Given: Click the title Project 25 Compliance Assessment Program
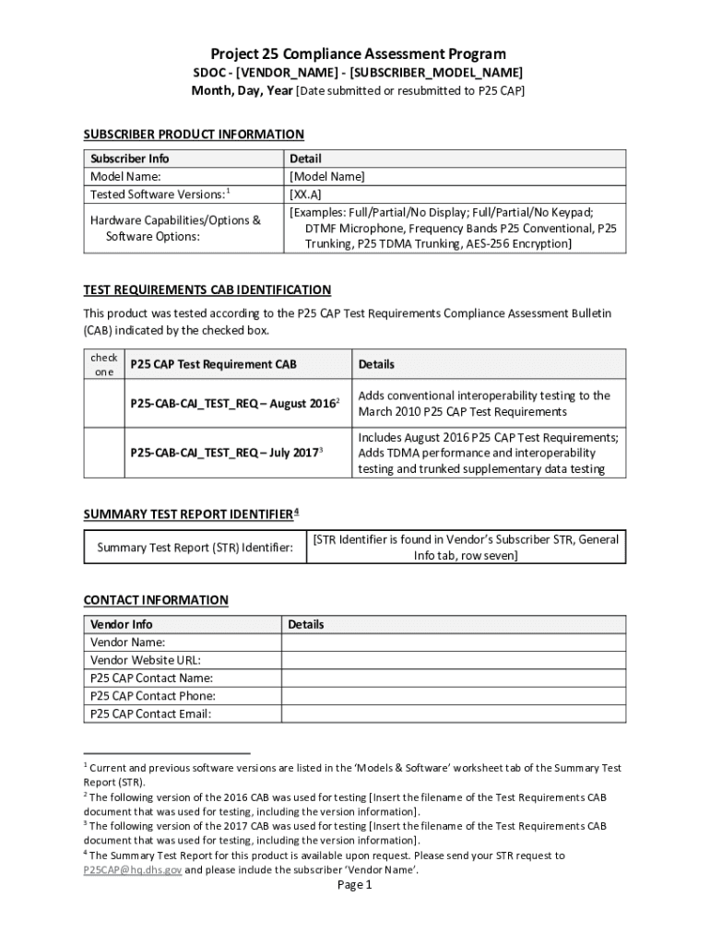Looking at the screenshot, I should tap(359, 54).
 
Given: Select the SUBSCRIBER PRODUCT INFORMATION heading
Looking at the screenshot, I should tap(194, 135).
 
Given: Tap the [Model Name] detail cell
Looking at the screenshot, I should tap(327, 176).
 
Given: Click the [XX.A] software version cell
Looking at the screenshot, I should tap(306, 195).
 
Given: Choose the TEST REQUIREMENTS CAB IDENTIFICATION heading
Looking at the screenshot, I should tap(207, 289).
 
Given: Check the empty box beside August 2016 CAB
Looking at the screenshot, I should tap(103, 403).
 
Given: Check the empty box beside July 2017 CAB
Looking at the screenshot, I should tap(103, 453).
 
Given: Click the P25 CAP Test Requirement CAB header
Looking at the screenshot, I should tap(213, 364).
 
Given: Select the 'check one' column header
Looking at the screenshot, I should tap(103, 364).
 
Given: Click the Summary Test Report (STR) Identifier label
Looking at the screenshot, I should tap(195, 548).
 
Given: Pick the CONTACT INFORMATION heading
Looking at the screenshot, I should tap(156, 600).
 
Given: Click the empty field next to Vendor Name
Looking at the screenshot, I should tap(453, 643).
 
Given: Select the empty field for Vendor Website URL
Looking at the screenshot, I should tap(453, 660).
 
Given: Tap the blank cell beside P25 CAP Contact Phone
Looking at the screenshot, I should tap(453, 696).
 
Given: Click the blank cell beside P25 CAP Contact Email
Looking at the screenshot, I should tap(453, 714).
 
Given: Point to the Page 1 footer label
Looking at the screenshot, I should tap(354, 885).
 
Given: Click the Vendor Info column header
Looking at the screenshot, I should tap(122, 624).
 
